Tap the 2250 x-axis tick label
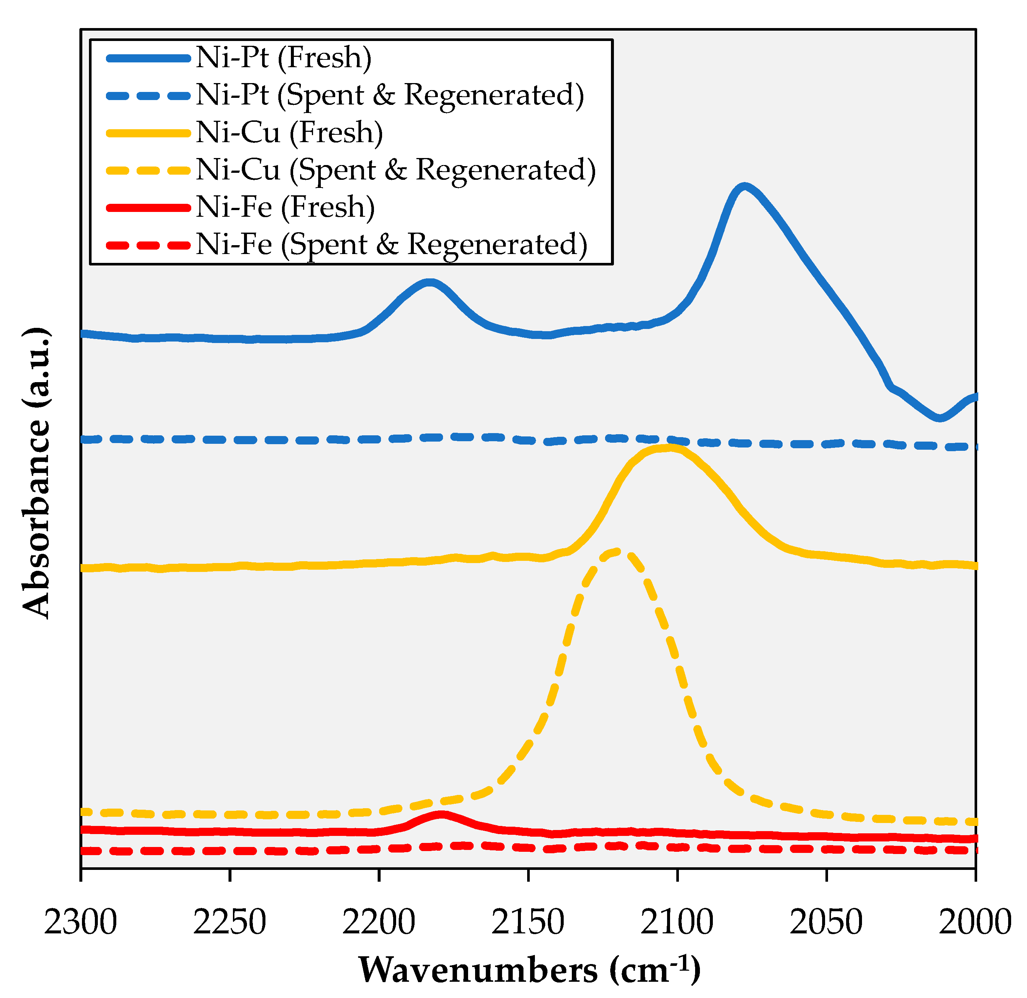[x=230, y=923]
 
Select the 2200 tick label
[x=378, y=923]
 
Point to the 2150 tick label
[x=528, y=923]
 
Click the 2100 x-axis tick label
[x=677, y=923]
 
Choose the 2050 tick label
[x=826, y=923]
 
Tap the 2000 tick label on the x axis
[x=975, y=923]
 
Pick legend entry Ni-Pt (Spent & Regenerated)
[x=390, y=95]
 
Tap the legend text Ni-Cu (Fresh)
[x=289, y=133]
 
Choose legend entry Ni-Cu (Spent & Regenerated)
[x=396, y=170]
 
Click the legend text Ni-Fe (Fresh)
[x=286, y=208]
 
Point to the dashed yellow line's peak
[x=618, y=551]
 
